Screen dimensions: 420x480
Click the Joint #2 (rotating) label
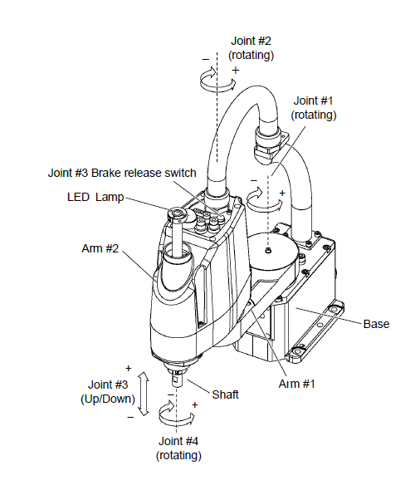pyautogui.click(x=251, y=48)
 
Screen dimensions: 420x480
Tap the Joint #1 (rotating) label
pyautogui.click(x=313, y=108)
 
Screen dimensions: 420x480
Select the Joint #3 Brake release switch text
pyautogui.click(x=122, y=173)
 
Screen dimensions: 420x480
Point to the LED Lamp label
pyautogui.click(x=95, y=197)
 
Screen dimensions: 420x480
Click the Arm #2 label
pyautogui.click(x=100, y=248)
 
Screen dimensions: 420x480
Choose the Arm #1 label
pyautogui.click(x=296, y=384)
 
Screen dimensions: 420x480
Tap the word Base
pyautogui.click(x=376, y=324)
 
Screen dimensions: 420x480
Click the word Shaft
pyautogui.click(x=225, y=394)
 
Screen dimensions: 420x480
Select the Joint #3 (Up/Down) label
pyautogui.click(x=108, y=391)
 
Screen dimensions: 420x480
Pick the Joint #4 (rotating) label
pyautogui.click(x=178, y=448)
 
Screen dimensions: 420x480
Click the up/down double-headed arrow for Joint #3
pyautogui.click(x=144, y=394)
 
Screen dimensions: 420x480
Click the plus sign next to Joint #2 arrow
pyautogui.click(x=235, y=71)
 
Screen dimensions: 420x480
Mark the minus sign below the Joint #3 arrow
pyautogui.click(x=130, y=417)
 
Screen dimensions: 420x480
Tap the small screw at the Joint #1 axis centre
pyautogui.click(x=268, y=251)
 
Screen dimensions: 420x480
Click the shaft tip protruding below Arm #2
pyautogui.click(x=176, y=377)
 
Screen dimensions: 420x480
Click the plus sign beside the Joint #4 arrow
pyautogui.click(x=194, y=405)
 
